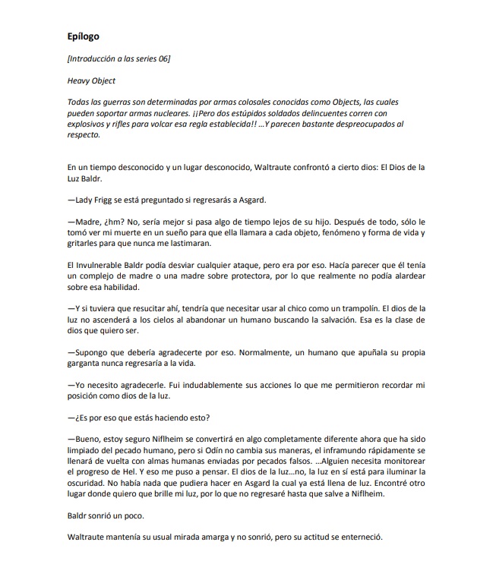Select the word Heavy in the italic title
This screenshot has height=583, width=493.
click(x=79, y=80)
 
